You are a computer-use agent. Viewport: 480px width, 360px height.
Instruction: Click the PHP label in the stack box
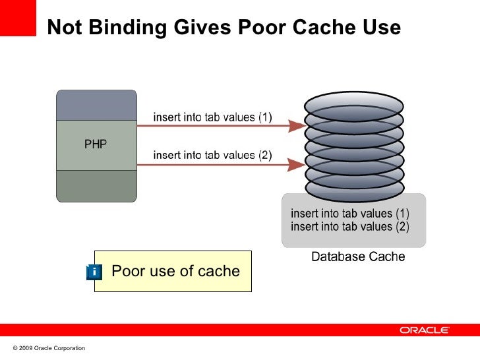pyautogui.click(x=96, y=144)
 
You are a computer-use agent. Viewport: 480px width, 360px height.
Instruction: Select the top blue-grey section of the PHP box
pyautogui.click(x=96, y=105)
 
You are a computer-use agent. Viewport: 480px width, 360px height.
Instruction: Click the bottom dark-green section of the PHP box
pyautogui.click(x=96, y=185)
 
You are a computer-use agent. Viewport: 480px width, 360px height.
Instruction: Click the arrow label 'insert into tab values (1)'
pyautogui.click(x=212, y=117)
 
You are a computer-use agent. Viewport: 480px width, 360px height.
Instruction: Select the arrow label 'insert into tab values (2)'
pyautogui.click(x=212, y=156)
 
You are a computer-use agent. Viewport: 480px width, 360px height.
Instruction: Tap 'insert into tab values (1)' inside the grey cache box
pyautogui.click(x=350, y=214)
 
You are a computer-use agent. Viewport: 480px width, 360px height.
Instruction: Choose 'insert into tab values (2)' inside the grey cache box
pyautogui.click(x=350, y=227)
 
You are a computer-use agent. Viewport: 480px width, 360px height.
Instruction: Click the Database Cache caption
pyautogui.click(x=358, y=256)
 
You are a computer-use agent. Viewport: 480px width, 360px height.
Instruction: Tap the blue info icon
pyautogui.click(x=94, y=272)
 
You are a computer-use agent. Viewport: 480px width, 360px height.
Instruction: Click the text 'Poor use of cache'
pyautogui.click(x=176, y=271)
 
